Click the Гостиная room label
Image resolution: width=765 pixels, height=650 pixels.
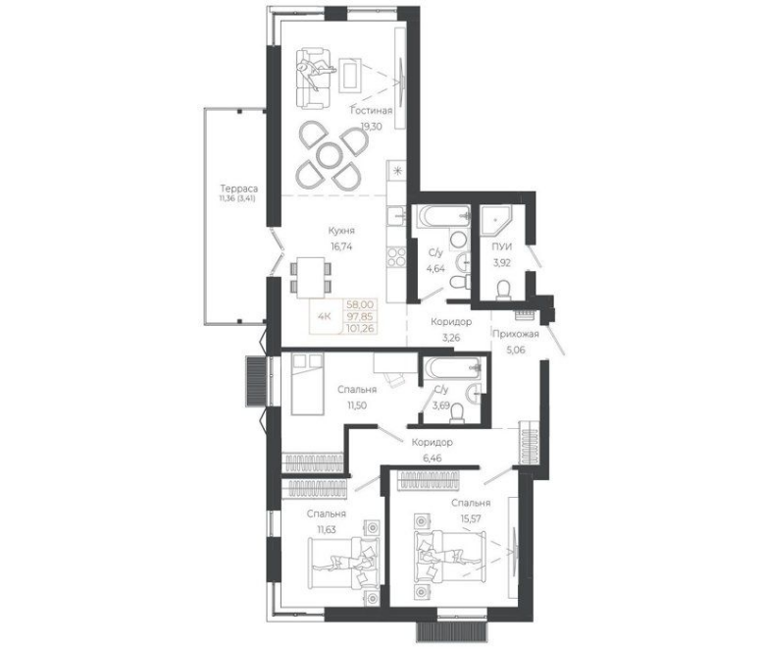[x=372, y=110]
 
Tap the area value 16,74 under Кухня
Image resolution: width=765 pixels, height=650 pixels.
[x=341, y=246]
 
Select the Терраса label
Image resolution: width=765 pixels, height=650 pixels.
[x=238, y=189]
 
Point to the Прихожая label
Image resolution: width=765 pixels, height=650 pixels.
[x=515, y=334]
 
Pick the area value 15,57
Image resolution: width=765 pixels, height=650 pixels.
[x=471, y=518]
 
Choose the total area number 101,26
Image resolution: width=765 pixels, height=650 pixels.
[x=360, y=328]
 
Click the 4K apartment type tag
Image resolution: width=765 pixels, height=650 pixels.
[x=325, y=316]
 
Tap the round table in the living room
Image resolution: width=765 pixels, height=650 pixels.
[x=331, y=156]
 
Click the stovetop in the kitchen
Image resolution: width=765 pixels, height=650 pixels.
[x=396, y=257]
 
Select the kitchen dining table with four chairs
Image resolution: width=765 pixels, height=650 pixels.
[x=311, y=278]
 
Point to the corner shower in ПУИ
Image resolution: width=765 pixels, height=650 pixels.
[x=494, y=220]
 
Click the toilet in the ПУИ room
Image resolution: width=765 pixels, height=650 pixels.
[x=502, y=291]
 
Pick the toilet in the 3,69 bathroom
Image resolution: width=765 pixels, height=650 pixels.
[x=458, y=412]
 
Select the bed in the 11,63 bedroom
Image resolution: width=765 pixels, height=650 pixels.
[x=344, y=563]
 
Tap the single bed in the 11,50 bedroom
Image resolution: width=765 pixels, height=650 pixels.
[x=307, y=384]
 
